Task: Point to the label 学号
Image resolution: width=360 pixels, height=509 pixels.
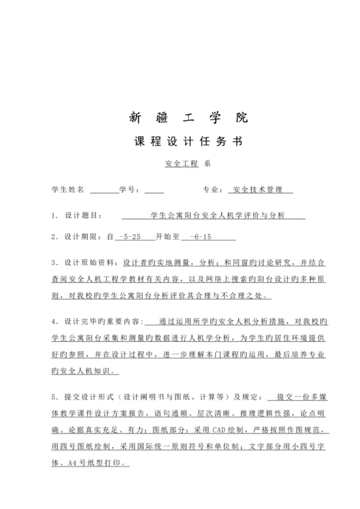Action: (x=128, y=190)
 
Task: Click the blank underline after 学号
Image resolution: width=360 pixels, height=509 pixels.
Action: (x=154, y=192)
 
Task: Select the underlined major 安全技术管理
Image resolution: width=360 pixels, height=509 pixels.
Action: (x=259, y=190)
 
